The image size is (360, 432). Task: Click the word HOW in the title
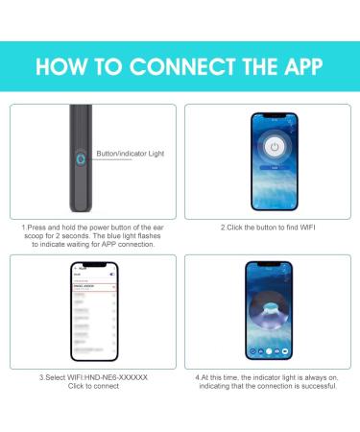(63, 67)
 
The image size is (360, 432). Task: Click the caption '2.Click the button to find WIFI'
(270, 227)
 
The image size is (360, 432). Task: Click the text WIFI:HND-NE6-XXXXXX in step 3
(104, 377)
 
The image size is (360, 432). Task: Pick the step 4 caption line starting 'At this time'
(270, 377)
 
